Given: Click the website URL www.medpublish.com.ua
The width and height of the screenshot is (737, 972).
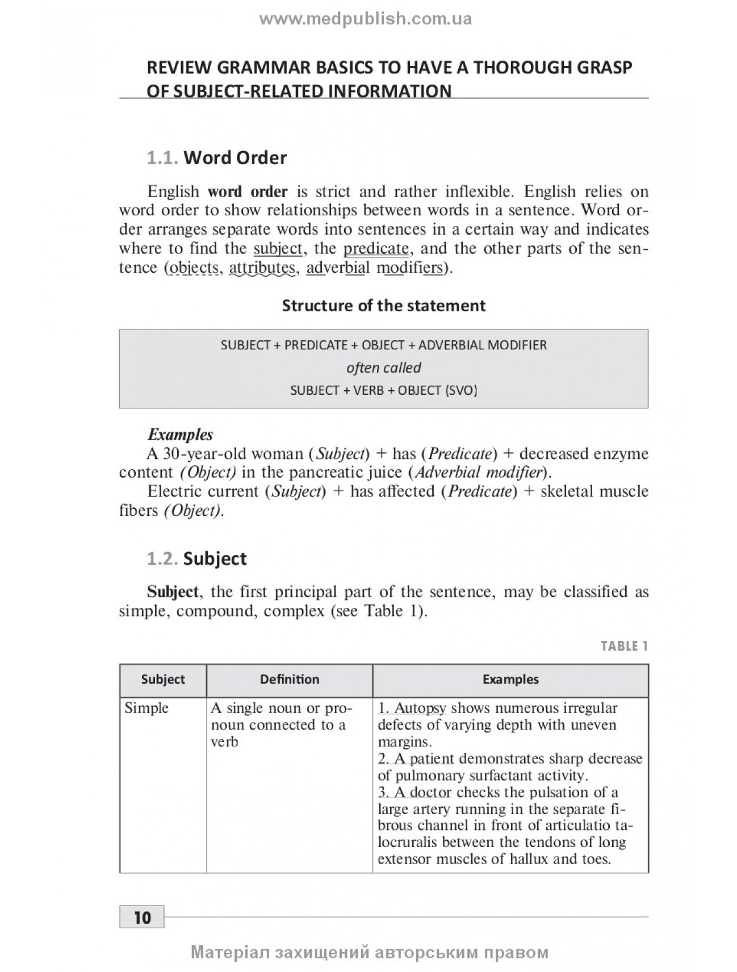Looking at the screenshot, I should pyautogui.click(x=366, y=19).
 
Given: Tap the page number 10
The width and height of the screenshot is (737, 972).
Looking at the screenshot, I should pyautogui.click(x=142, y=917).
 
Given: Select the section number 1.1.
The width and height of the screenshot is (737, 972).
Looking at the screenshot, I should pyautogui.click(x=162, y=158).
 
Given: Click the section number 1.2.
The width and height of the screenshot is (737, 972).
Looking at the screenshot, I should pyautogui.click(x=162, y=559).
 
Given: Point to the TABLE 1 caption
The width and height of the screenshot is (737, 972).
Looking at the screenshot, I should pyautogui.click(x=624, y=646).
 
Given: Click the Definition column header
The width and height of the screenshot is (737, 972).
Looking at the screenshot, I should pyautogui.click(x=290, y=679).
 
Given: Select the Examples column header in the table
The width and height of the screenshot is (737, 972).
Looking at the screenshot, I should pyautogui.click(x=510, y=679).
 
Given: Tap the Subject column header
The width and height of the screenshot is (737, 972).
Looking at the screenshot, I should pyautogui.click(x=163, y=679).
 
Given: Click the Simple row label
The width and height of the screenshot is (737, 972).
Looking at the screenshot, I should pyautogui.click(x=146, y=708).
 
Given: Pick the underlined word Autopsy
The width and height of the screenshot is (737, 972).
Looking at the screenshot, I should pyautogui.click(x=420, y=708).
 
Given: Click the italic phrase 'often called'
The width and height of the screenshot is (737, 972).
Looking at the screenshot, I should pyautogui.click(x=384, y=368).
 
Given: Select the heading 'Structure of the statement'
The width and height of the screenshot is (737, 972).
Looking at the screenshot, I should pyautogui.click(x=384, y=306).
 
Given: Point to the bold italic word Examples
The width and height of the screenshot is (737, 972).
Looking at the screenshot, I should pyautogui.click(x=180, y=435).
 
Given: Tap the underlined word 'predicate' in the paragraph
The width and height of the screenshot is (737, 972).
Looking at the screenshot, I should pyautogui.click(x=376, y=249).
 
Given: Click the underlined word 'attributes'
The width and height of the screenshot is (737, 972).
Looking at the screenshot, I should pyautogui.click(x=262, y=268).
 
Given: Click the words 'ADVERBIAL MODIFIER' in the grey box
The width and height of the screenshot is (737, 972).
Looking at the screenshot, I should pyautogui.click(x=483, y=345).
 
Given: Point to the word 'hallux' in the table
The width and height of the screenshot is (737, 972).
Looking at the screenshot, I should pyautogui.click(x=529, y=859).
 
